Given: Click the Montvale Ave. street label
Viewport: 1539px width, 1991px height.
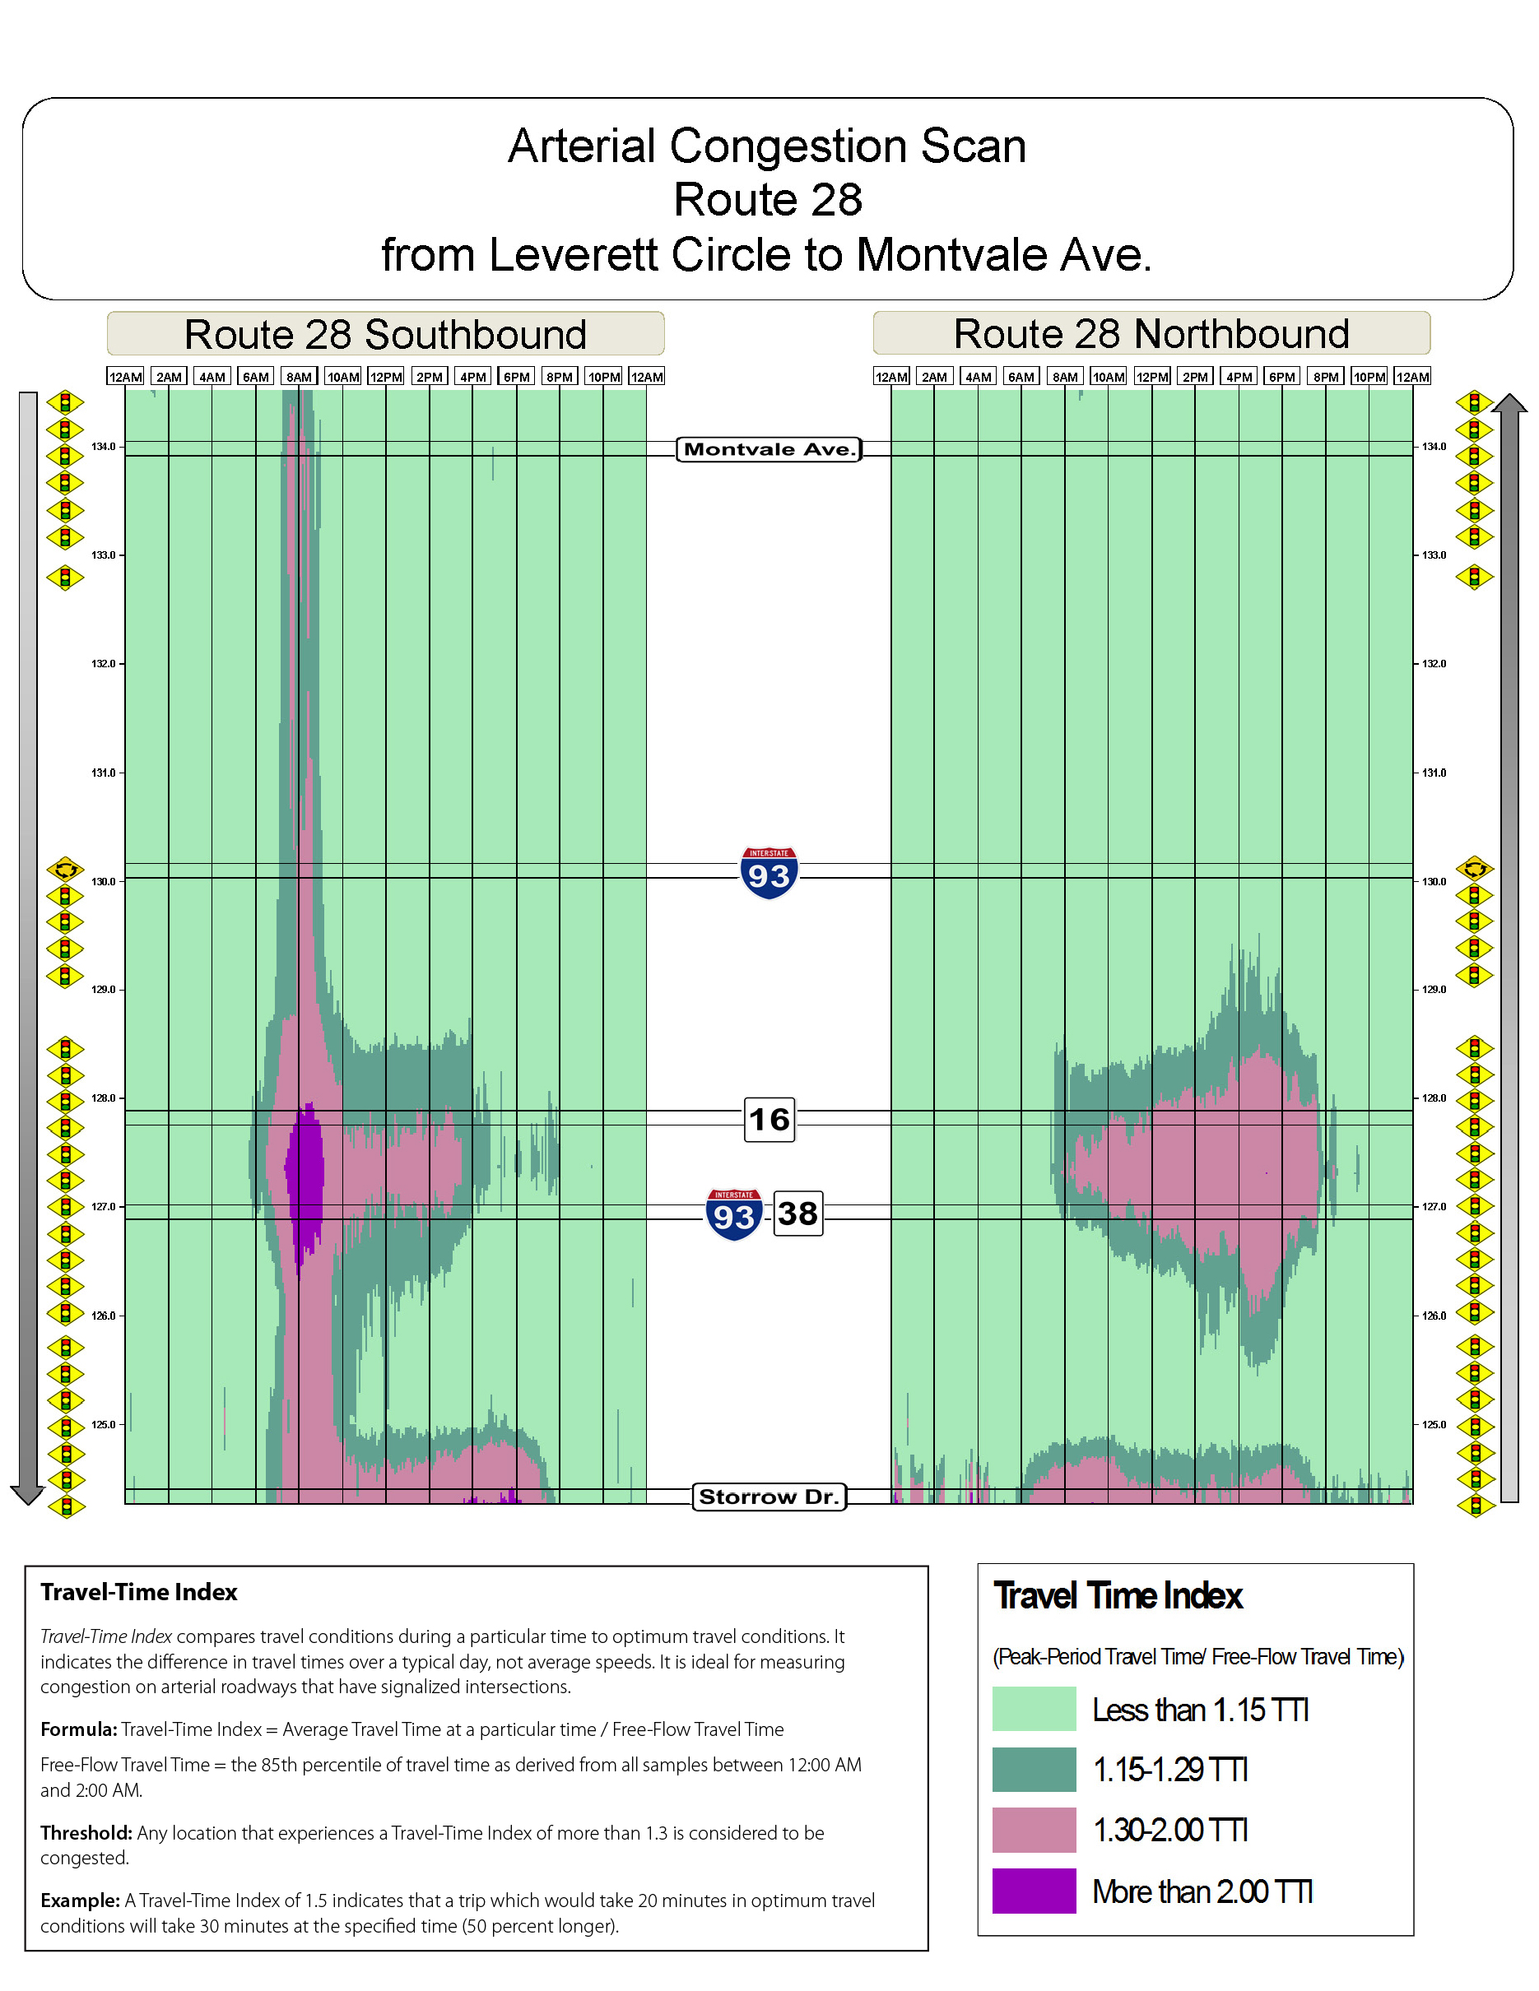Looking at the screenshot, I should click(769, 449).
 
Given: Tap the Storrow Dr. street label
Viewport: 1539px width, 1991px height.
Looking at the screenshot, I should click(769, 1497).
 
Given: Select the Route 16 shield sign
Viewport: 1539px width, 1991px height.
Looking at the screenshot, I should click(769, 1120).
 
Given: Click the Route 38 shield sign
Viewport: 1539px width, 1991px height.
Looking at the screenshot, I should click(797, 1214).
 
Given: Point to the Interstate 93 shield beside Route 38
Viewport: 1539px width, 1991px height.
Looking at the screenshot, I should click(734, 1214).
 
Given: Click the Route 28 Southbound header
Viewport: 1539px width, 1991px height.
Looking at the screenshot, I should click(385, 335).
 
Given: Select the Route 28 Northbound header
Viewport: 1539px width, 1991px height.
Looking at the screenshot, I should click(1151, 334).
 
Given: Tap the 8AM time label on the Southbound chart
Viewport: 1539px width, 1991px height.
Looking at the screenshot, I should click(299, 377).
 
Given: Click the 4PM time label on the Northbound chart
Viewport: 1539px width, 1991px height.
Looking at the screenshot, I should click(1238, 377).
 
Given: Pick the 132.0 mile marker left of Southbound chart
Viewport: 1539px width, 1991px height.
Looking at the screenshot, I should click(103, 664).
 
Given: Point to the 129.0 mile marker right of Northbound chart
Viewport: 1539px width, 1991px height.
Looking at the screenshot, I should click(1434, 989).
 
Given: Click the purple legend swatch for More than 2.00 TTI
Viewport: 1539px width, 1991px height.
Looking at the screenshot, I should click(1034, 1891).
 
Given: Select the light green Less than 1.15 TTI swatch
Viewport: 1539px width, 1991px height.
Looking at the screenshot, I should click(1034, 1710).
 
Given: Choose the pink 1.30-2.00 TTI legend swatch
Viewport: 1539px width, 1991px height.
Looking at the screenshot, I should click(1034, 1830).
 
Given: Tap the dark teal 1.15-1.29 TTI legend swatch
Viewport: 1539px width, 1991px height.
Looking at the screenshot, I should click(1034, 1770).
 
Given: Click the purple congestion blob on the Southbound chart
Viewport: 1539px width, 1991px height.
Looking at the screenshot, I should click(305, 1176).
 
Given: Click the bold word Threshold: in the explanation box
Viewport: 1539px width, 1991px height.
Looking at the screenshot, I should click(86, 1832).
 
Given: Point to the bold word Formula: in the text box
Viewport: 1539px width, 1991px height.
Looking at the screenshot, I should click(78, 1729).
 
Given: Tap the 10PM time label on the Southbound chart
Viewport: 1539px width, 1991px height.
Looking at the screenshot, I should click(603, 377).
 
